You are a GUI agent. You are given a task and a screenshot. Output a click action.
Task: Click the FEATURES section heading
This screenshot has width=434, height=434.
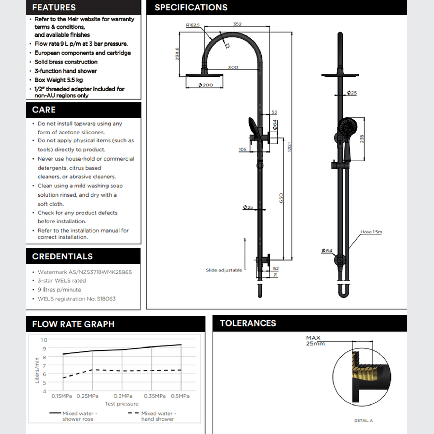(54, 7)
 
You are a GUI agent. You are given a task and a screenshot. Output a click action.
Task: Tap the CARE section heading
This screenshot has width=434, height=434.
(44, 110)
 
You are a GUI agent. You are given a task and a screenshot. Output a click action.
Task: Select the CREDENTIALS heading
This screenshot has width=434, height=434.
(62, 256)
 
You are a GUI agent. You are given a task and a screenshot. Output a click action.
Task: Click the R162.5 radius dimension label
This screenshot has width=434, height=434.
(193, 25)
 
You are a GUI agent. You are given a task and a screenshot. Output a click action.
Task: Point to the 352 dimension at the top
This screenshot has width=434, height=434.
(237, 24)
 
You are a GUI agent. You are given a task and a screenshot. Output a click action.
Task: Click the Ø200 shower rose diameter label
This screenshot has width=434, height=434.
(206, 85)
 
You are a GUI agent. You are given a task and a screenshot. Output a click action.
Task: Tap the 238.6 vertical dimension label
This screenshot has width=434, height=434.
(177, 54)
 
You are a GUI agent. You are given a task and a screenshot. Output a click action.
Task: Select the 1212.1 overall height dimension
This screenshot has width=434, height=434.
(290, 147)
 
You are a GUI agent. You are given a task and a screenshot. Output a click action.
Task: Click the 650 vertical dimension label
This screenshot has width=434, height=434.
(281, 198)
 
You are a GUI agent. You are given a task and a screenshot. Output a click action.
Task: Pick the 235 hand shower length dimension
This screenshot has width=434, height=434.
(362, 139)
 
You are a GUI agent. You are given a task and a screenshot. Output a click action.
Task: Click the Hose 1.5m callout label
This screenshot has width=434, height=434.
(371, 232)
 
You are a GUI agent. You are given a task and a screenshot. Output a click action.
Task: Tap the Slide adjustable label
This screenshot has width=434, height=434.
(224, 270)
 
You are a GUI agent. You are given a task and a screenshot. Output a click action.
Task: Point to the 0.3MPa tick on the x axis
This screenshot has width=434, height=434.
(123, 396)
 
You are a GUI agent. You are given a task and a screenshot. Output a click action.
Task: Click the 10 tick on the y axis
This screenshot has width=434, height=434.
(44, 340)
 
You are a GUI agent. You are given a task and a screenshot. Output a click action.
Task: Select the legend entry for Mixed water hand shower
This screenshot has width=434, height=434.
(158, 416)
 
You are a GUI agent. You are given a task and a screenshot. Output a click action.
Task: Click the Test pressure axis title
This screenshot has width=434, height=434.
(122, 404)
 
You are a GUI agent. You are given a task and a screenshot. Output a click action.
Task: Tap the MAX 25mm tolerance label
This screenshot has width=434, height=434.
(315, 341)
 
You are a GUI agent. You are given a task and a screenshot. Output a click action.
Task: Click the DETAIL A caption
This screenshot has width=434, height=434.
(363, 421)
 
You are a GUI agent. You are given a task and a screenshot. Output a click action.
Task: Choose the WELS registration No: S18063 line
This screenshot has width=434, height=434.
(77, 299)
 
